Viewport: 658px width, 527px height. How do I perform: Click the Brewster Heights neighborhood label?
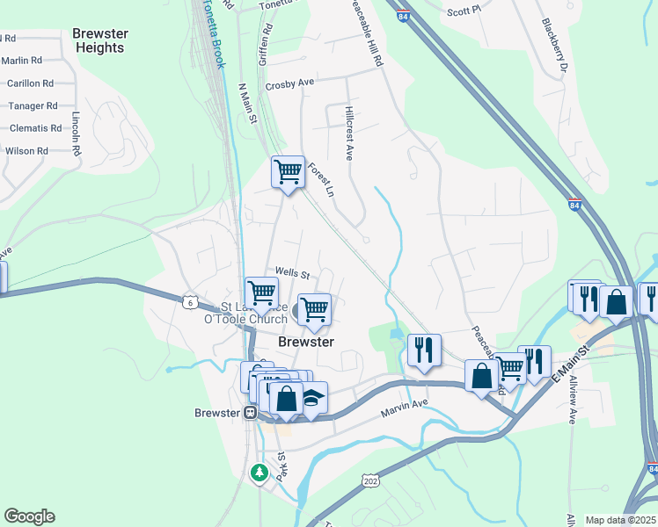99,40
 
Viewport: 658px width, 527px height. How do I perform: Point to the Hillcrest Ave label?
349,134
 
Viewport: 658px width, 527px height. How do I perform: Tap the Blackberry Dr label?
556,45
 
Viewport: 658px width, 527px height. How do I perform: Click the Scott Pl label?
464,11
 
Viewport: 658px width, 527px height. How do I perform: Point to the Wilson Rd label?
26,151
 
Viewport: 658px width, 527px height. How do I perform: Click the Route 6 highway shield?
190,302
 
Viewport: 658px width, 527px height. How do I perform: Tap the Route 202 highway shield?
370,480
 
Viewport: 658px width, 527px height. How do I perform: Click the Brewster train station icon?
251,413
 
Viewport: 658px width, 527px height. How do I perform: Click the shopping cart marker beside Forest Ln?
288,172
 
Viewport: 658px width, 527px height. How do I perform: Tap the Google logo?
29,516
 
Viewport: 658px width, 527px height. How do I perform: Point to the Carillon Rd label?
30,83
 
